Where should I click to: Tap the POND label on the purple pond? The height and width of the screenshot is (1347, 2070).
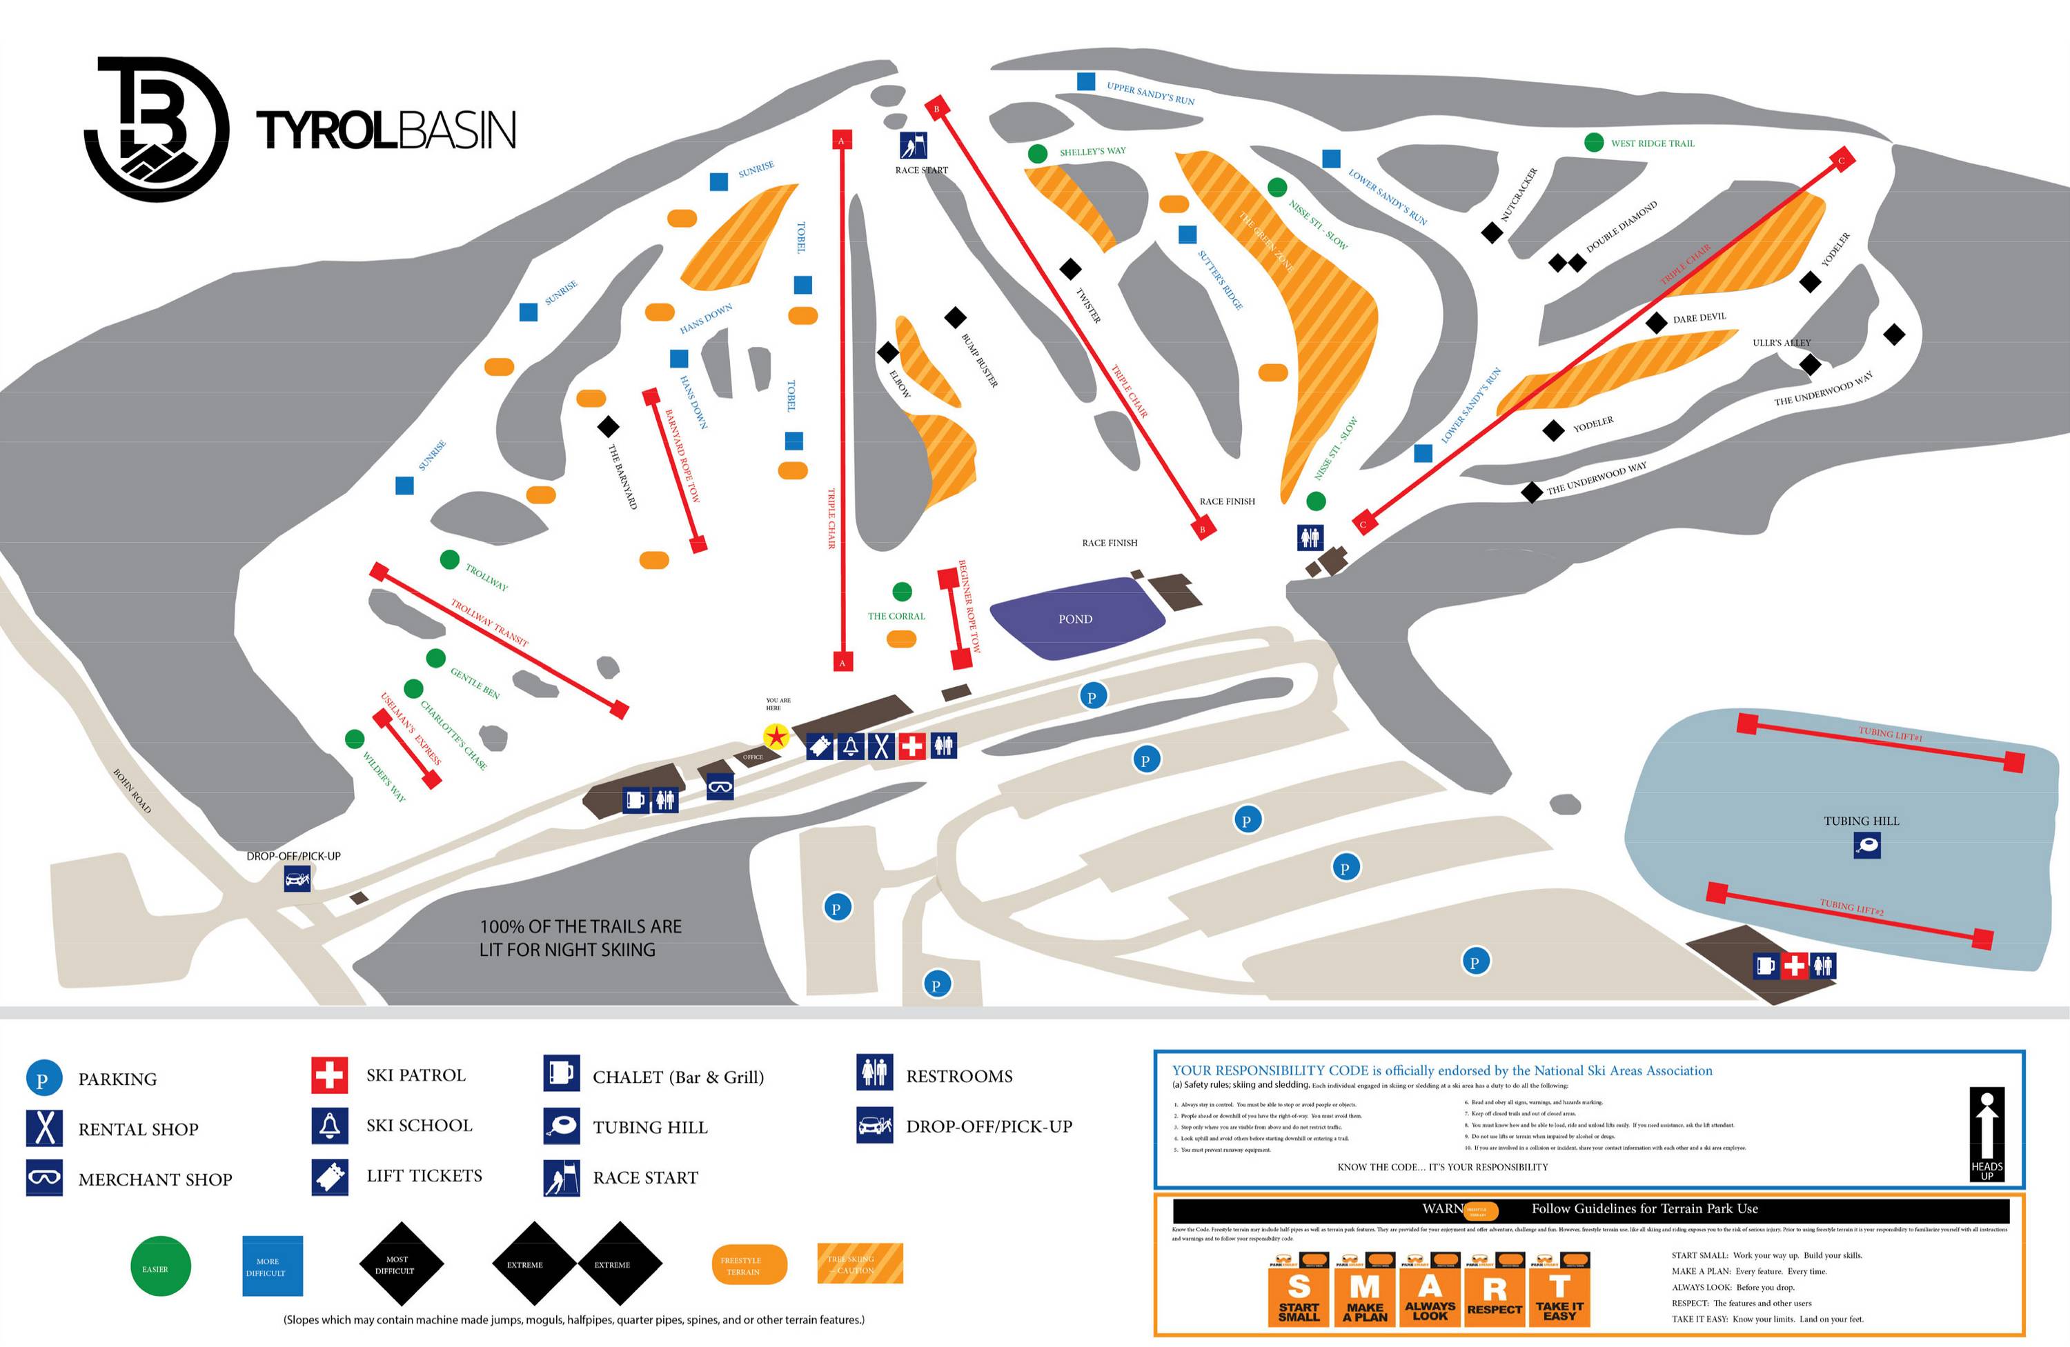(x=1075, y=619)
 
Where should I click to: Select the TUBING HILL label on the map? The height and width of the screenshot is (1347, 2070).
(x=1861, y=821)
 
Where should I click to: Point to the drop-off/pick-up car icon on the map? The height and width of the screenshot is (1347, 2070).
(x=297, y=879)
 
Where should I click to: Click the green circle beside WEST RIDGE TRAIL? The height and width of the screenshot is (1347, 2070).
(x=1593, y=143)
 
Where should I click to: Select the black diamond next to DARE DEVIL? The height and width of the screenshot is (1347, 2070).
(x=1657, y=323)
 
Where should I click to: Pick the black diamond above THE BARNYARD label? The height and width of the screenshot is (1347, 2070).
(x=608, y=426)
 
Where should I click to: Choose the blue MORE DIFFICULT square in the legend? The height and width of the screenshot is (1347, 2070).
(x=273, y=1266)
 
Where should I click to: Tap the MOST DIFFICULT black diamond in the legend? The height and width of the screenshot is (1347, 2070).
(x=401, y=1264)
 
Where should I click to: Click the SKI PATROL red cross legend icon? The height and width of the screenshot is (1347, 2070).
(x=330, y=1075)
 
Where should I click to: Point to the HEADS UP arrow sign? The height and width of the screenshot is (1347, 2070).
(x=1987, y=1134)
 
